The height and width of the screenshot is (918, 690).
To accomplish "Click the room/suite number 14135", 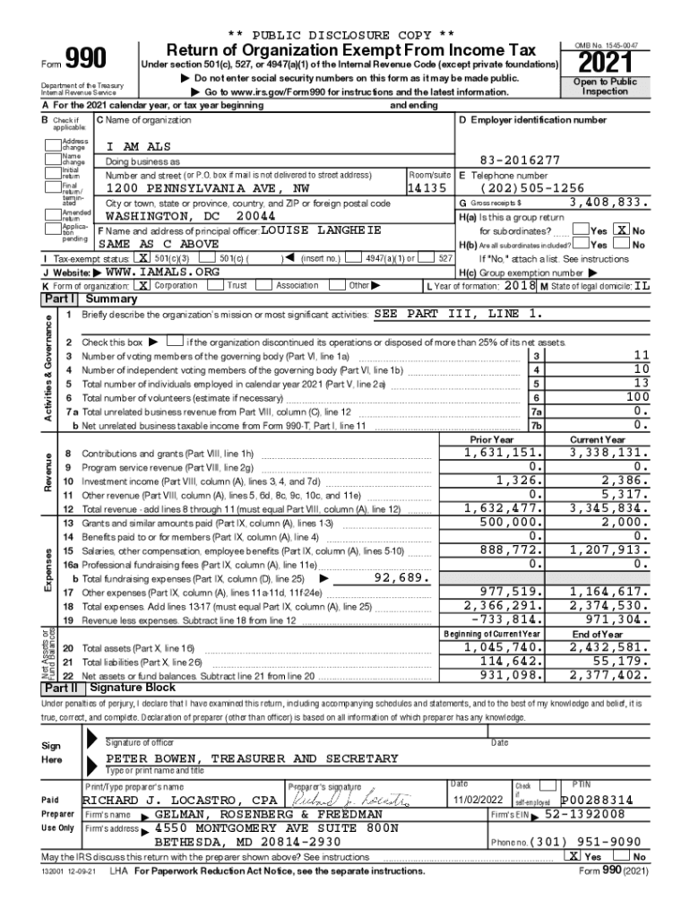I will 426,189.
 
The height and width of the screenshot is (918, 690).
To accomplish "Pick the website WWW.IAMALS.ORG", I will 162,272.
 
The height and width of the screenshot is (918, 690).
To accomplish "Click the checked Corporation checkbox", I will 143,285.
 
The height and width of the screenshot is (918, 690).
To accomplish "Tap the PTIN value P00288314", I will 597,800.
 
